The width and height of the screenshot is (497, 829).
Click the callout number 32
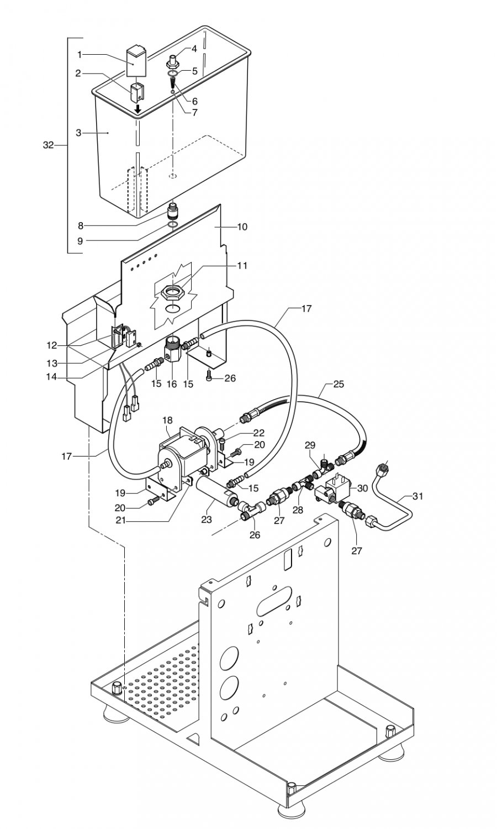click(x=49, y=145)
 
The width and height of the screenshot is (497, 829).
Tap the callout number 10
click(x=242, y=227)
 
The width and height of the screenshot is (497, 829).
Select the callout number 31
click(x=417, y=496)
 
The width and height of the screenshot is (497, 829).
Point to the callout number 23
click(x=207, y=520)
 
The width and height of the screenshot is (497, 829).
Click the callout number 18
click(x=167, y=420)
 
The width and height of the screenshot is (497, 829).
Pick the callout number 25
click(x=339, y=384)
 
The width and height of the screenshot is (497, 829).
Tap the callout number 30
click(x=363, y=488)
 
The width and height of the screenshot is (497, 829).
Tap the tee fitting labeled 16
click(x=171, y=350)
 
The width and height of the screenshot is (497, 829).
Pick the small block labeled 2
click(x=136, y=92)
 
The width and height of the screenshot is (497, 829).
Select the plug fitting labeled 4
click(x=173, y=61)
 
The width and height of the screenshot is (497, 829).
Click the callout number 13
click(x=51, y=364)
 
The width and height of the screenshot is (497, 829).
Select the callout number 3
click(x=78, y=133)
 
